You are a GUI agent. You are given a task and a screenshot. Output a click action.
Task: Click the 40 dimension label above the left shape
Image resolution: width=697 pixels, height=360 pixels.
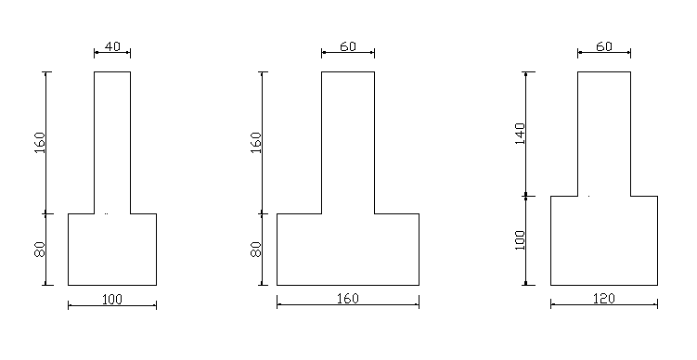click(x=112, y=46)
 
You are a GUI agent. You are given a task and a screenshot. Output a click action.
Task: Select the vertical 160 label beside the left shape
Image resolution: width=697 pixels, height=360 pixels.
click(x=40, y=143)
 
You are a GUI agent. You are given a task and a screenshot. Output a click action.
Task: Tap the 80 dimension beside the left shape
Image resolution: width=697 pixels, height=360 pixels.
click(x=40, y=250)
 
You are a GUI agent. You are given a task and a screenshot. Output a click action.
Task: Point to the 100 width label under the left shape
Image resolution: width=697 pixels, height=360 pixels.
click(x=112, y=299)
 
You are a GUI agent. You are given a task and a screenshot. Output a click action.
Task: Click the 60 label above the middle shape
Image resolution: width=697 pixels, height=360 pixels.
click(x=348, y=46)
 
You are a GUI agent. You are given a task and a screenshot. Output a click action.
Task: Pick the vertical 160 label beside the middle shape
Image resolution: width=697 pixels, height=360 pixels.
click(x=256, y=143)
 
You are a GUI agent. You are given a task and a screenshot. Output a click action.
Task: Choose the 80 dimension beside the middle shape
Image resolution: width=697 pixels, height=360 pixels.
click(x=256, y=250)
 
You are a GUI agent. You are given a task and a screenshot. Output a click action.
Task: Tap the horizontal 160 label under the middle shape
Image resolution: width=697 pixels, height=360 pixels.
click(x=348, y=298)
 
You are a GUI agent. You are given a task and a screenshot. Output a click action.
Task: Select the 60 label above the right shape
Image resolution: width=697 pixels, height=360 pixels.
click(x=603, y=46)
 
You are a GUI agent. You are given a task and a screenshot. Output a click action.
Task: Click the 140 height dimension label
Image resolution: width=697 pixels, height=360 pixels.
click(x=520, y=134)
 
